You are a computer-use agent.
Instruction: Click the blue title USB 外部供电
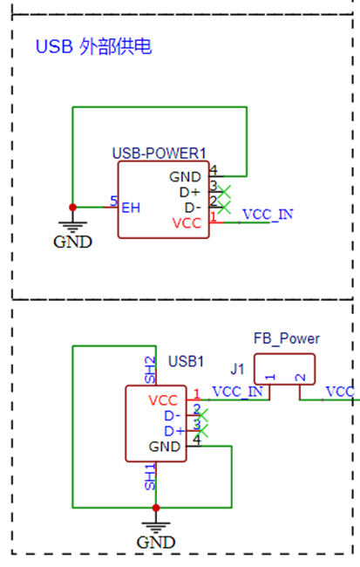93,46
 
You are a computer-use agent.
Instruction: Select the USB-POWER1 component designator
159,154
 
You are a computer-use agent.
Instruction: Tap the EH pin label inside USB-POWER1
131,208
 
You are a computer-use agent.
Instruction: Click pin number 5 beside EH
114,201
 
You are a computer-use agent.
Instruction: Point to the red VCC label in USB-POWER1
187,223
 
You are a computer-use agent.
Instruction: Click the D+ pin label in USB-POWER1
190,193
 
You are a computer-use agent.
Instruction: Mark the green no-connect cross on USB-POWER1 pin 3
224,192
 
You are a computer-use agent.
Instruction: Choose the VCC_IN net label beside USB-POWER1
268,215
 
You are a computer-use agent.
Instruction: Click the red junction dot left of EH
72,208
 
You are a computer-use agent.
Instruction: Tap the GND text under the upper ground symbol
72,242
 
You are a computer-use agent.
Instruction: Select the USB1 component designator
187,361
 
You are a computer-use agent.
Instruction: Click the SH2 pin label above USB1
150,370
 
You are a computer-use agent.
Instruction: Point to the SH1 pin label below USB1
150,477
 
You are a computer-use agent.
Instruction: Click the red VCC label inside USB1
163,400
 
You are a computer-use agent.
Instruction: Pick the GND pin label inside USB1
165,447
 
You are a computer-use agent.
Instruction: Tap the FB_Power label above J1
287,338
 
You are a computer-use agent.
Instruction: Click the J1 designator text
237,370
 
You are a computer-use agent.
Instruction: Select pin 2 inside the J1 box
301,378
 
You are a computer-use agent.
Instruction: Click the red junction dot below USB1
156,508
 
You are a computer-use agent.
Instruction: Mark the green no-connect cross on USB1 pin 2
201,414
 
